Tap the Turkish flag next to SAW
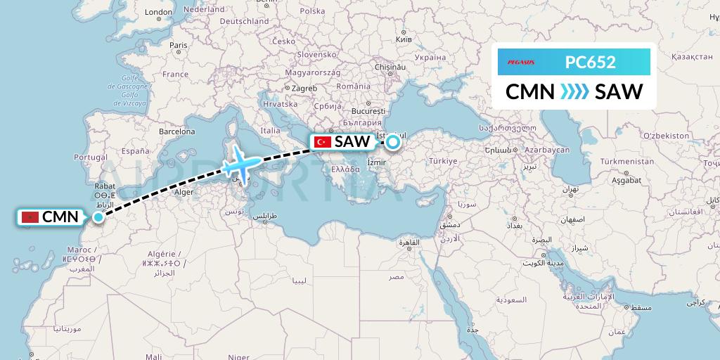click(x=323, y=142)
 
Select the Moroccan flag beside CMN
click(x=29, y=217)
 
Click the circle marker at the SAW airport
click(x=392, y=142)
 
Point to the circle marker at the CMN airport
click(x=98, y=217)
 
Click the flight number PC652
click(x=591, y=62)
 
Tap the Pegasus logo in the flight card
click(x=517, y=62)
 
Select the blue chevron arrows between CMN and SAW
click(x=574, y=91)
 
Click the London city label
click(x=158, y=12)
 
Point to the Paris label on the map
click(x=179, y=46)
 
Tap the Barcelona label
click(x=176, y=131)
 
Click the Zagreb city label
click(x=304, y=89)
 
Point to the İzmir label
click(x=378, y=163)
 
